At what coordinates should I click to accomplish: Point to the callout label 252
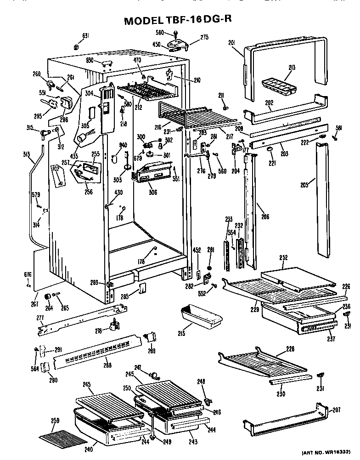[x=283, y=258]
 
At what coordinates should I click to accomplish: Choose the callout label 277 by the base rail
[x=40, y=318]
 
